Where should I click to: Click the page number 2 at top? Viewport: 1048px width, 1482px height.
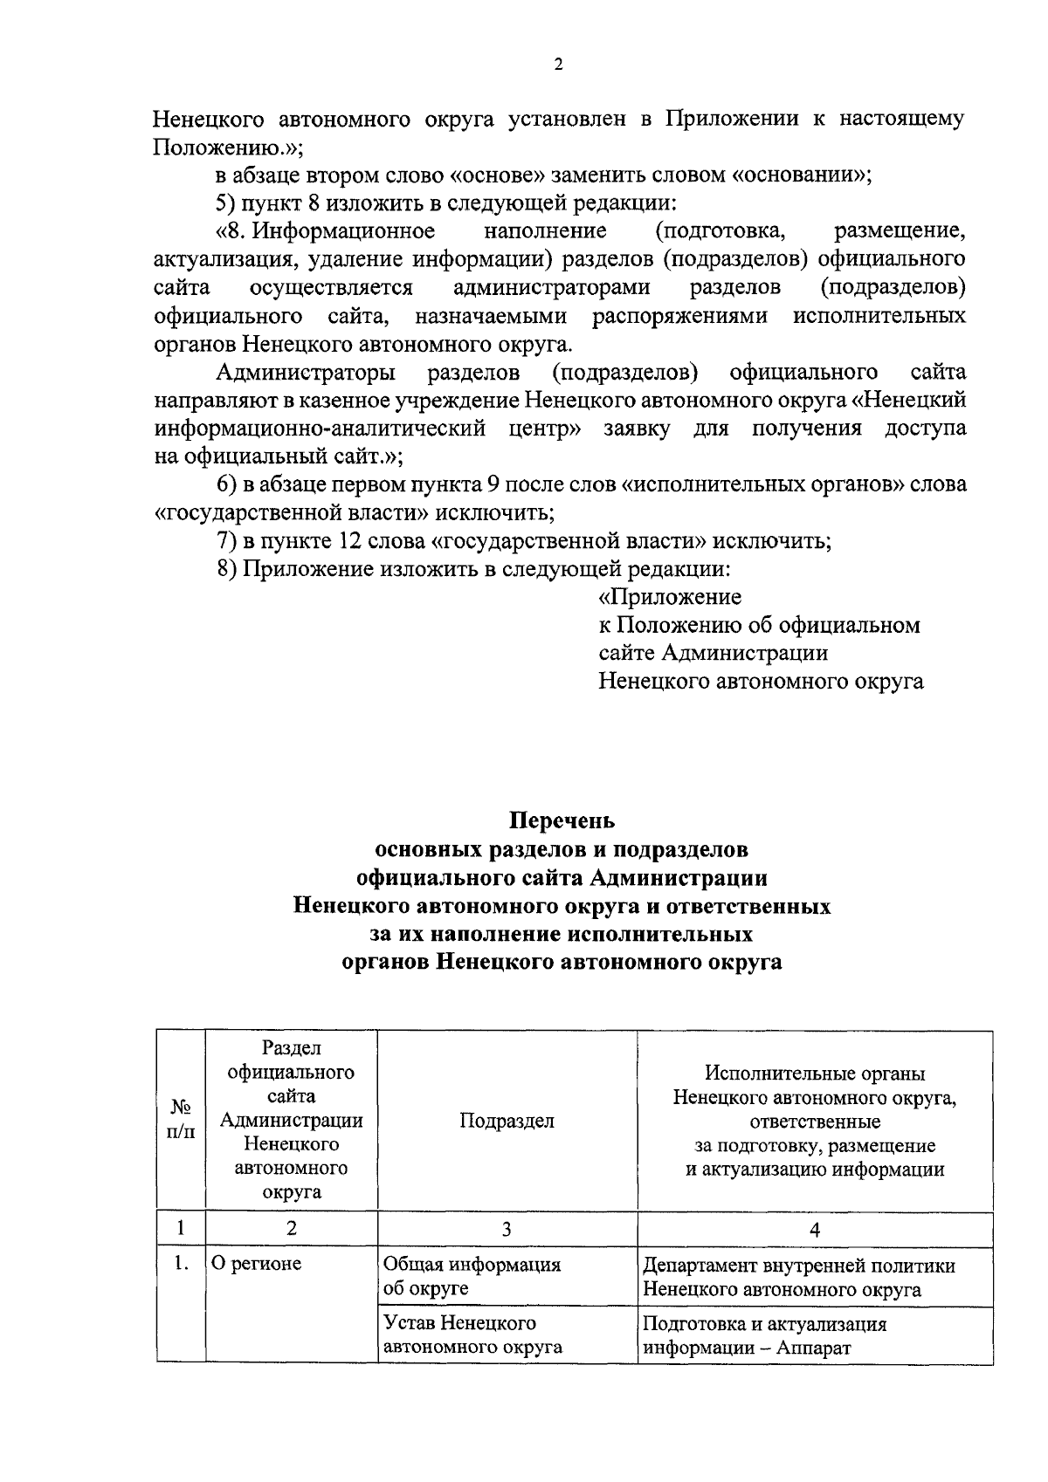pyautogui.click(x=558, y=64)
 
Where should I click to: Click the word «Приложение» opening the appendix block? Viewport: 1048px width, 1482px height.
pyautogui.click(x=671, y=597)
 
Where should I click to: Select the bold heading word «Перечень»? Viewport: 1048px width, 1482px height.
pyautogui.click(x=562, y=821)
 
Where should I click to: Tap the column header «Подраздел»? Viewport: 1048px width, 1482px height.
pyautogui.click(x=507, y=1122)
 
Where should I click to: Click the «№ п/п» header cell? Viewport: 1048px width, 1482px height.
pyautogui.click(x=180, y=1121)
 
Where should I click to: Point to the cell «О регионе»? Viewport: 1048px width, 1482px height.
pyautogui.click(x=254, y=1263)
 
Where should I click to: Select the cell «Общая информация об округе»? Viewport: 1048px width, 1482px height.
pyautogui.click(x=472, y=1276)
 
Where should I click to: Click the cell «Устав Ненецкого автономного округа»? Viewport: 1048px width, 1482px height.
pyautogui.click(x=472, y=1334)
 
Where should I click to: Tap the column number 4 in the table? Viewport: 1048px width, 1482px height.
pyautogui.click(x=815, y=1230)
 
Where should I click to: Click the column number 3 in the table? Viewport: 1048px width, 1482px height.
pyautogui.click(x=507, y=1230)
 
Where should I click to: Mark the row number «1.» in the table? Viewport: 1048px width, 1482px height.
pyautogui.click(x=180, y=1263)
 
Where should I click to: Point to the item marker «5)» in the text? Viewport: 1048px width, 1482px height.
pyautogui.click(x=226, y=203)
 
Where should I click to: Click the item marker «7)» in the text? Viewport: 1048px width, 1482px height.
pyautogui.click(x=226, y=541)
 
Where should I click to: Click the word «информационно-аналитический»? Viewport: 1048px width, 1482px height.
pyautogui.click(x=320, y=429)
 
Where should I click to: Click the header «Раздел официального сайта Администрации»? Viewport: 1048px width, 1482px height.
pyautogui.click(x=291, y=1120)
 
